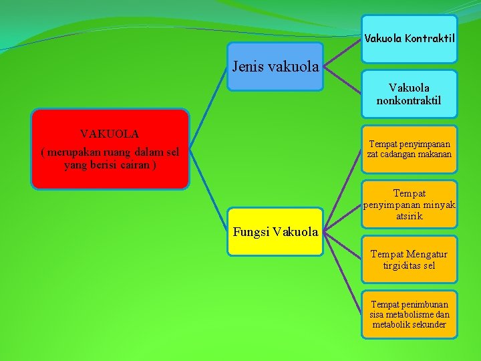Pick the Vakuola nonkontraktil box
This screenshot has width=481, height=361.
410,94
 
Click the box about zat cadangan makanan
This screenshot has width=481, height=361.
410,149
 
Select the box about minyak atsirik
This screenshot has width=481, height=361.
410,204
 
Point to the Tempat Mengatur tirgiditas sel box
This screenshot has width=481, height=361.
410,259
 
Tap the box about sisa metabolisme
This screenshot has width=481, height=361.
410,314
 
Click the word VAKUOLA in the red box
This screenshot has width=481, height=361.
110,134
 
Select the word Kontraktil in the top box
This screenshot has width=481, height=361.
431,39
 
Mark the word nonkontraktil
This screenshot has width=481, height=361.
410,100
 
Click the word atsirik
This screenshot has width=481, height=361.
409,217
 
